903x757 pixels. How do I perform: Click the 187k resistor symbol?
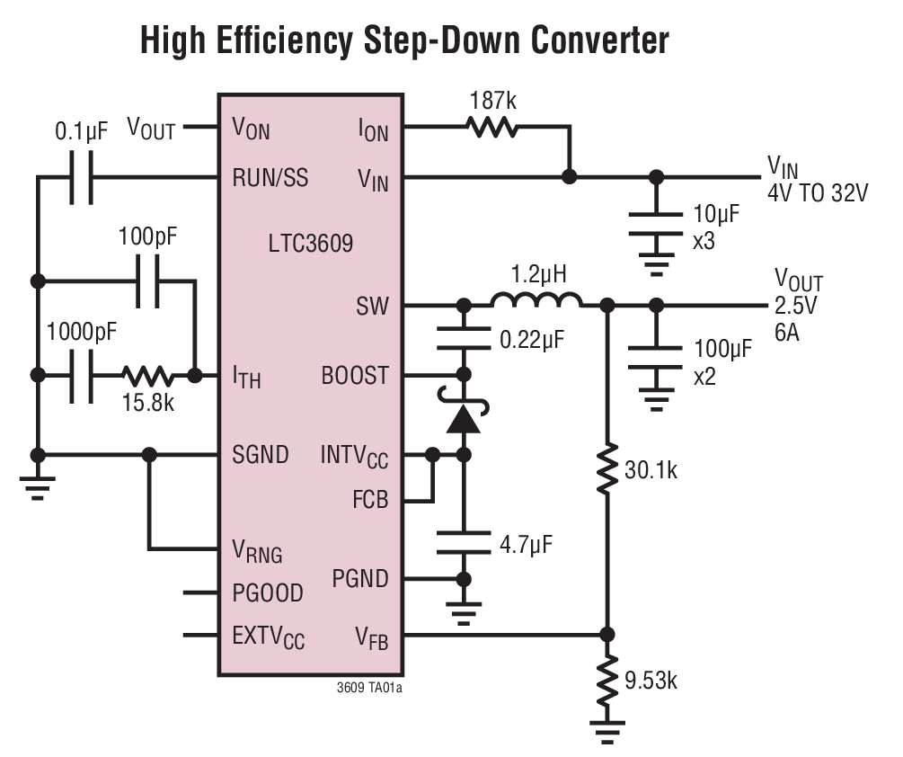pos(491,129)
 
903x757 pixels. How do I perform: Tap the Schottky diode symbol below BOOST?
pos(464,416)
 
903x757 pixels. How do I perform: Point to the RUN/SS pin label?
pos(270,178)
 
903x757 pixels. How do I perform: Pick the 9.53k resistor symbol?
pos(607,680)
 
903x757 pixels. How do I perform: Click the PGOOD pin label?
pos(268,593)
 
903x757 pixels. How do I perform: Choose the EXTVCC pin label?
pos(269,637)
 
